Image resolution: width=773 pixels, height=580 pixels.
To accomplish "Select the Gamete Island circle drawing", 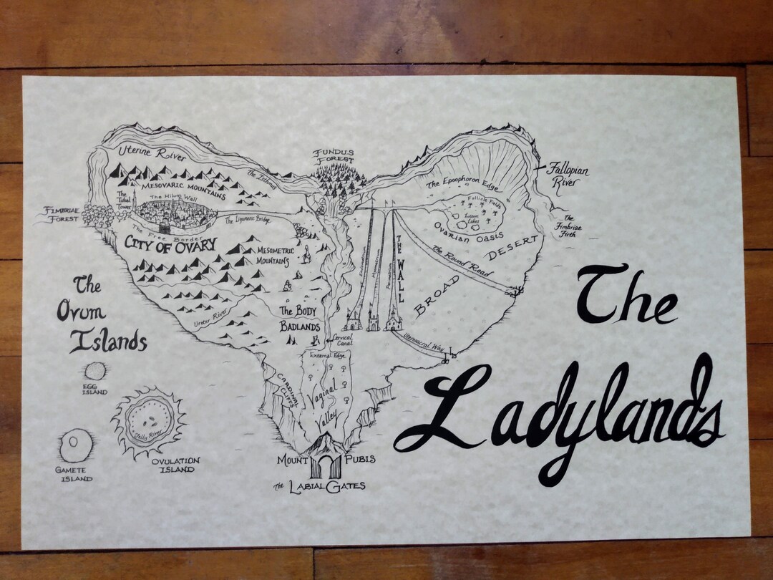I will [x=73, y=447].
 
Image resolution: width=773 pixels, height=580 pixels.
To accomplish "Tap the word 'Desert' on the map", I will [x=512, y=248].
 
